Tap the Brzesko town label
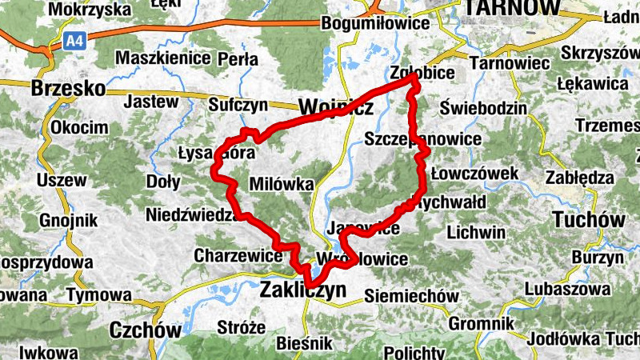pyautogui.click(x=68, y=89)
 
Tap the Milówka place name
pyautogui.click(x=282, y=183)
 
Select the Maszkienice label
pyautogui.click(x=163, y=58)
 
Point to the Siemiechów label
pyautogui.click(x=411, y=296)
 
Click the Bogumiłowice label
pyautogui.click(x=375, y=23)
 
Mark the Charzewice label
pyautogui.click(x=238, y=256)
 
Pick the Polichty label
pyautogui.click(x=414, y=352)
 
